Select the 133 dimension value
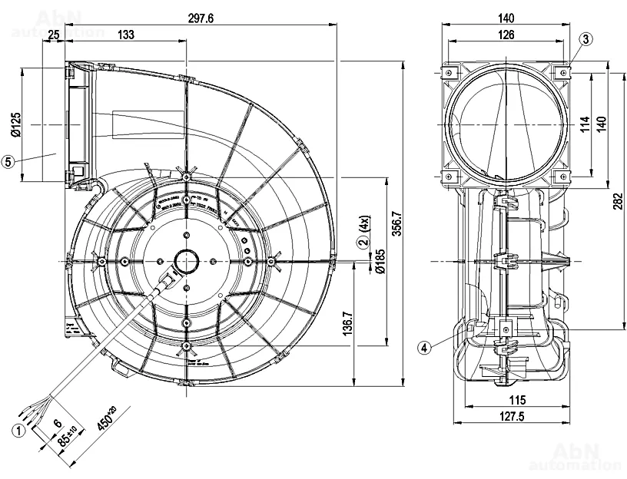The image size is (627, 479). pyautogui.click(x=127, y=35)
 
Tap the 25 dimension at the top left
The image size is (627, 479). pyautogui.click(x=53, y=35)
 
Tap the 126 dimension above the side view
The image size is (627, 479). pyautogui.click(x=506, y=35)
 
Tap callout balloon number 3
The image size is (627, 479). pyautogui.click(x=586, y=39)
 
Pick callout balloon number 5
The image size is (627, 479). pyautogui.click(x=9, y=161)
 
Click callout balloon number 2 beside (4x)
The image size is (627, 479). pyautogui.click(x=361, y=244)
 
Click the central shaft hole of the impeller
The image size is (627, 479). pyautogui.click(x=187, y=262)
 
